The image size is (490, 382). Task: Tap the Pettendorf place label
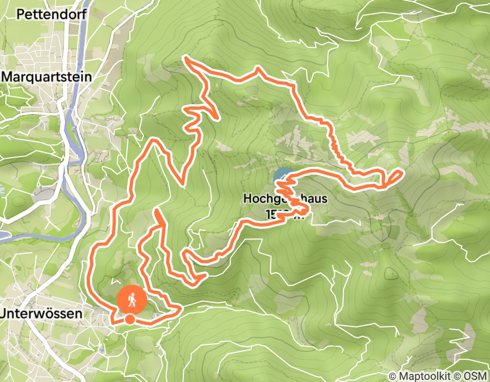[x=52, y=14]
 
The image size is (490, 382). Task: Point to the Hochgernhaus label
[x=285, y=199]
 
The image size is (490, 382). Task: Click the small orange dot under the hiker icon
[x=130, y=319]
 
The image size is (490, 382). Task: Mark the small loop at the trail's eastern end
[x=395, y=177]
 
